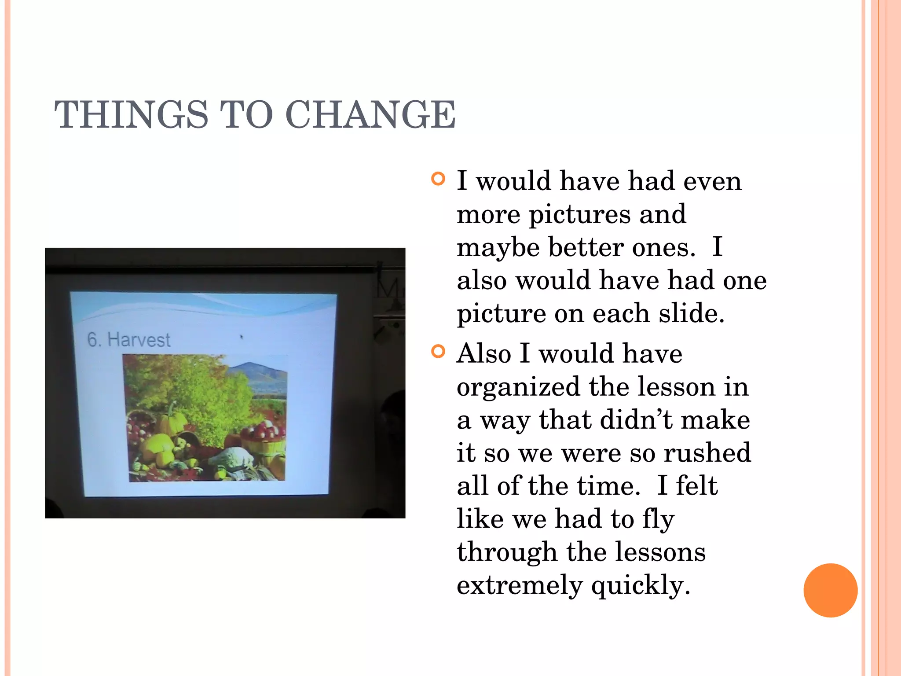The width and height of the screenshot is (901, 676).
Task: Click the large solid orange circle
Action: (x=830, y=590)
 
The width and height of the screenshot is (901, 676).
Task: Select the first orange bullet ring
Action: (x=438, y=179)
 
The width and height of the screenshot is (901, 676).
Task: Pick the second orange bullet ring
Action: (x=438, y=352)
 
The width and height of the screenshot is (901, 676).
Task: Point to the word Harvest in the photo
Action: (x=139, y=340)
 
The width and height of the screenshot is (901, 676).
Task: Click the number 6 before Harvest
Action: (x=92, y=339)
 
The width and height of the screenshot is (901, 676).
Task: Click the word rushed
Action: (x=707, y=453)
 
